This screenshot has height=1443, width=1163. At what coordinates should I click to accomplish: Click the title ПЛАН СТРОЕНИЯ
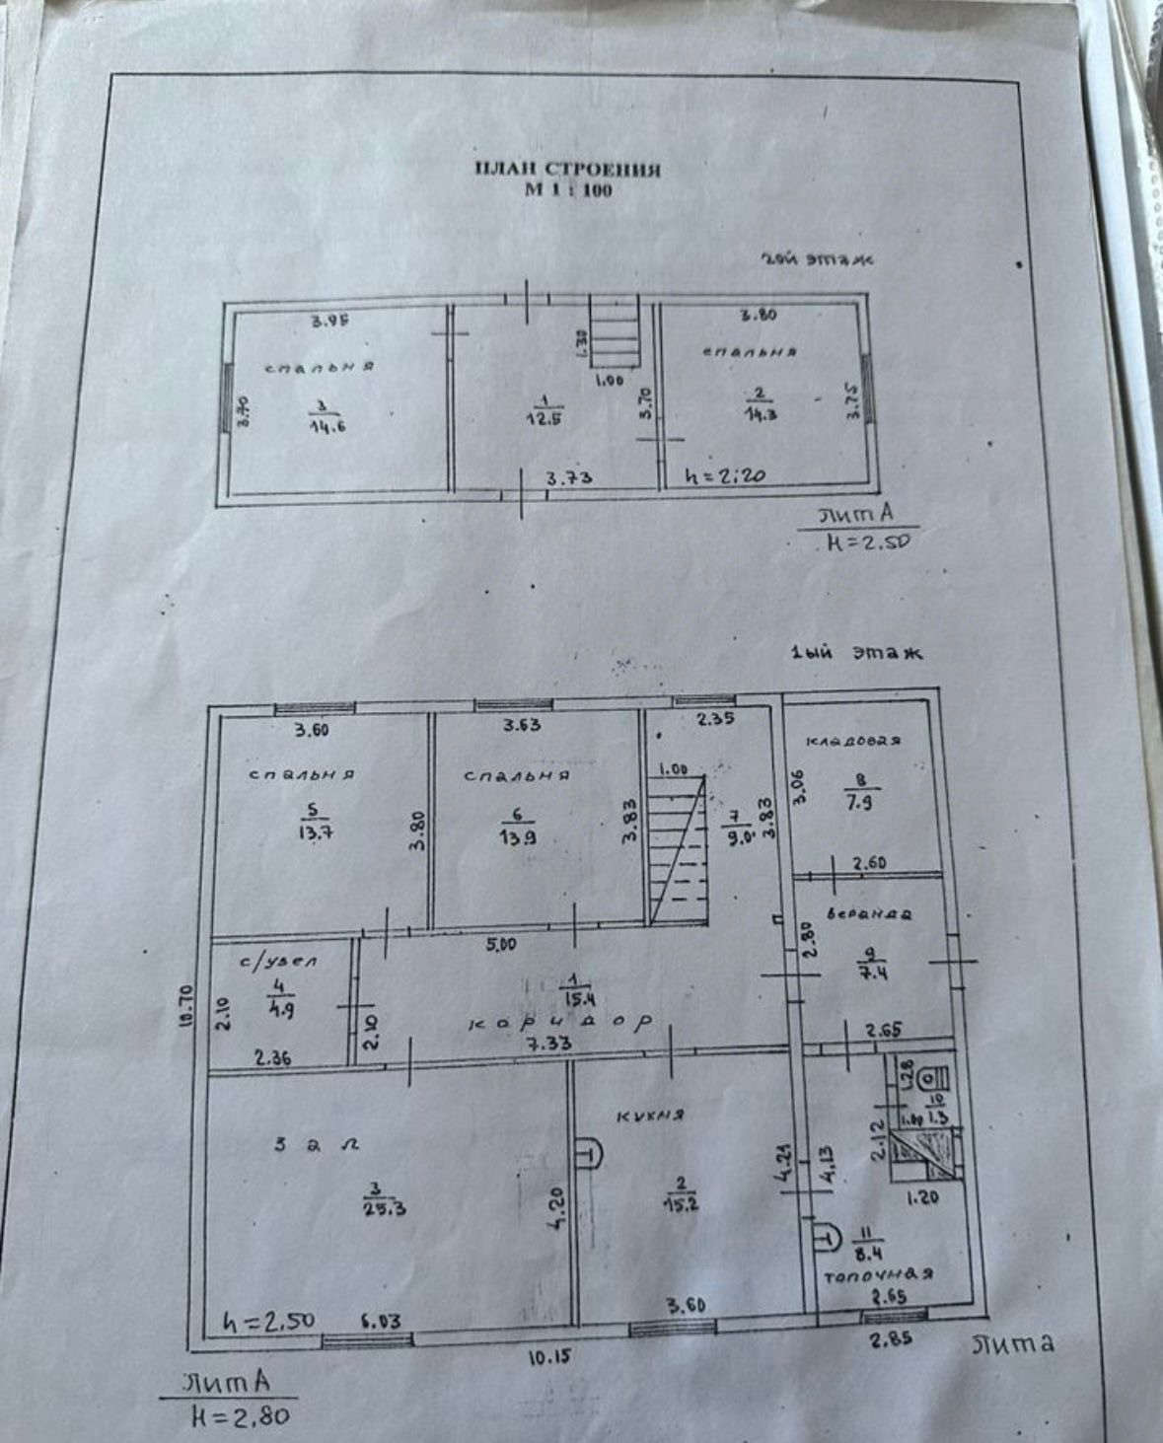567,169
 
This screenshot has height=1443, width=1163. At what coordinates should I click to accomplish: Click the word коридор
561,1023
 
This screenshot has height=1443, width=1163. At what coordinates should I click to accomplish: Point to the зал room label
316,1144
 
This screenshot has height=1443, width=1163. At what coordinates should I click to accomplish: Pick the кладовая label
853,741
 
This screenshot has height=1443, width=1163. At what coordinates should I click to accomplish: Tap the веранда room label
869,913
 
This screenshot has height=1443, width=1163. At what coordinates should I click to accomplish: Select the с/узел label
282,961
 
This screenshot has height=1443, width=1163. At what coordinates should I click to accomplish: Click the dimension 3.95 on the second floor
331,320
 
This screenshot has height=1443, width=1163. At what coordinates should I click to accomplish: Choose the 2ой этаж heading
818,260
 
